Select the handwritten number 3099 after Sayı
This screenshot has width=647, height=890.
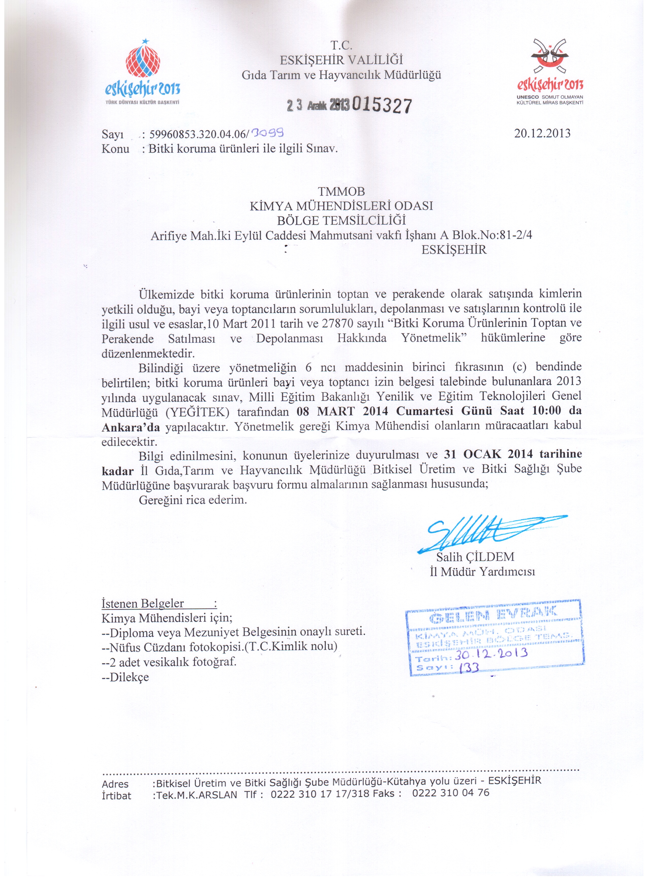(268, 134)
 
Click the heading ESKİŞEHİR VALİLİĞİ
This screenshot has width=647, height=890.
(341, 60)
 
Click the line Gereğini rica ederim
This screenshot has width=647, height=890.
(193, 500)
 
